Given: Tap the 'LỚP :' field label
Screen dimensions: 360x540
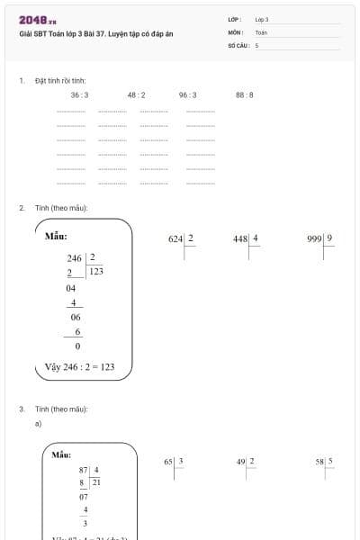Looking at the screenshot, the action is click(235, 19).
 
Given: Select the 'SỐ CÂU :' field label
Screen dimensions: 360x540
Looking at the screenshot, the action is click(238, 44).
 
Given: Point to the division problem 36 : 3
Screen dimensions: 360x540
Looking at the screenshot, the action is click(80, 94).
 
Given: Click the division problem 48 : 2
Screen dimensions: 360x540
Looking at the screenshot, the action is click(136, 94).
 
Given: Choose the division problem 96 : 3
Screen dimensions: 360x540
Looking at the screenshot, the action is click(187, 94).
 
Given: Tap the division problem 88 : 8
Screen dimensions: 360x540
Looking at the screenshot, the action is click(244, 94).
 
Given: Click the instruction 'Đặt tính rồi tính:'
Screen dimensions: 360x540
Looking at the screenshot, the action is click(60, 80).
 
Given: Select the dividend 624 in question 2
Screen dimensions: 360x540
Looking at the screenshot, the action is click(175, 239).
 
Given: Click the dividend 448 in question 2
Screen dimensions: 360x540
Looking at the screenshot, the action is click(239, 239).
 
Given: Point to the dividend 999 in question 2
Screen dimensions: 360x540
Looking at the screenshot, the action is click(315, 239).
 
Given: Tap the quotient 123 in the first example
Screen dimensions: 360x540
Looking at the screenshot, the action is click(96, 271).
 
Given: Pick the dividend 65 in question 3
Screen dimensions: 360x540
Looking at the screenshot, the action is click(168, 462).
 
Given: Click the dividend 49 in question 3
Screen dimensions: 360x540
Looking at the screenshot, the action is click(241, 462).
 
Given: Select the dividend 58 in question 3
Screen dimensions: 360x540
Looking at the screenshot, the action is click(319, 462).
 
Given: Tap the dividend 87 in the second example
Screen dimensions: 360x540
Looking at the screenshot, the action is click(84, 470).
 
